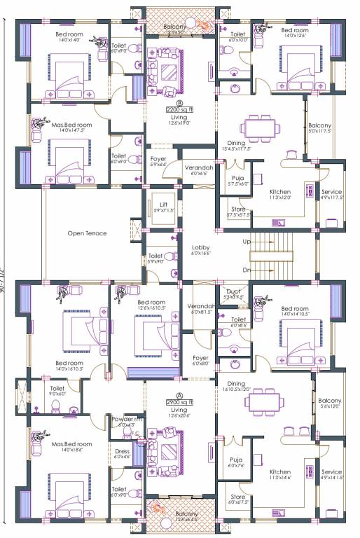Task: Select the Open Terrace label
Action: click(87, 233)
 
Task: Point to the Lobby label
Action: click(201, 248)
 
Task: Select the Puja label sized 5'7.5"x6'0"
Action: click(239, 178)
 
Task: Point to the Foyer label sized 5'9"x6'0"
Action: click(158, 158)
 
